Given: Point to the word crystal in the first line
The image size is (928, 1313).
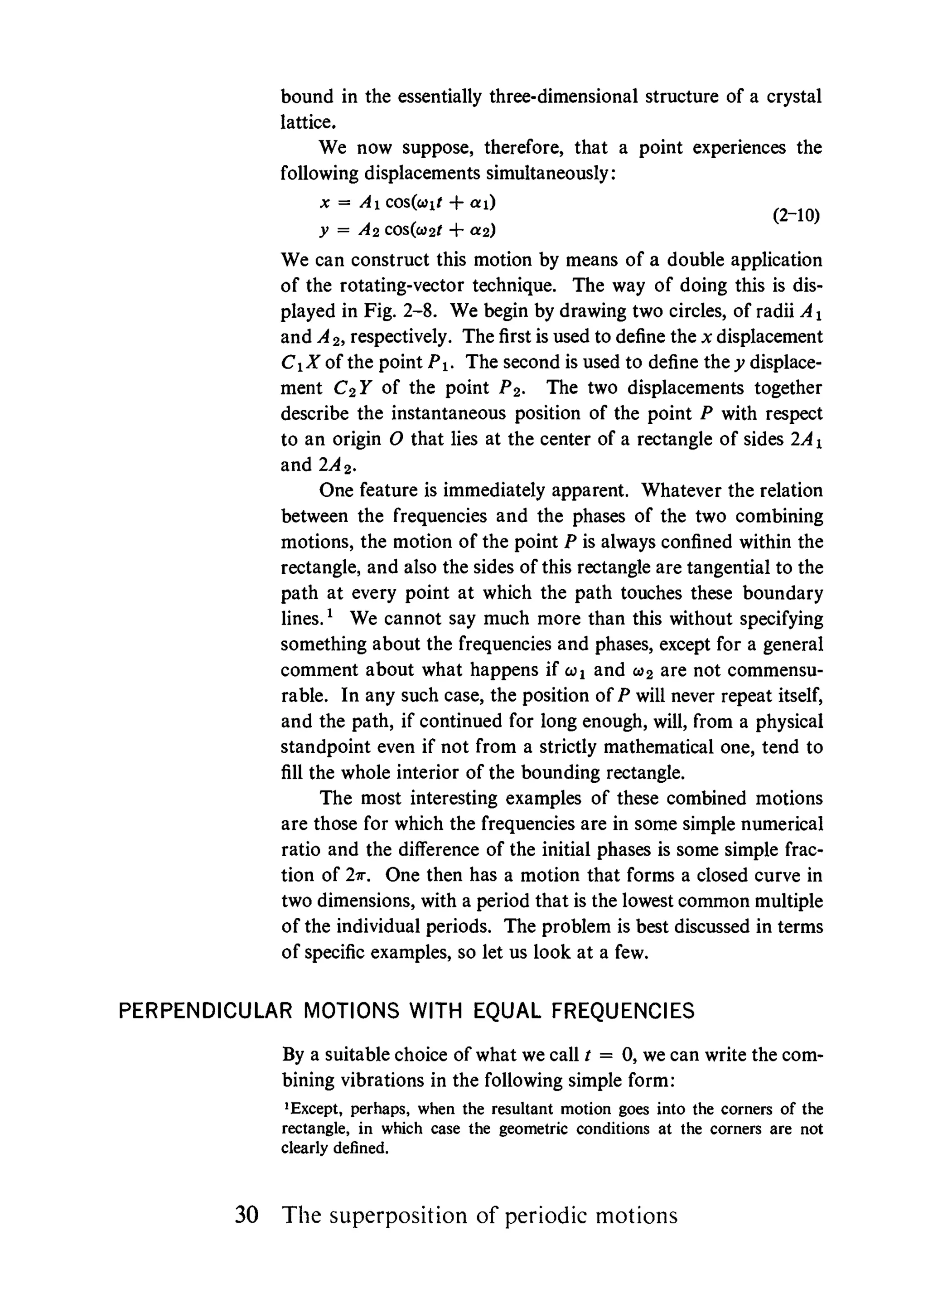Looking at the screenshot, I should (x=793, y=96).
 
